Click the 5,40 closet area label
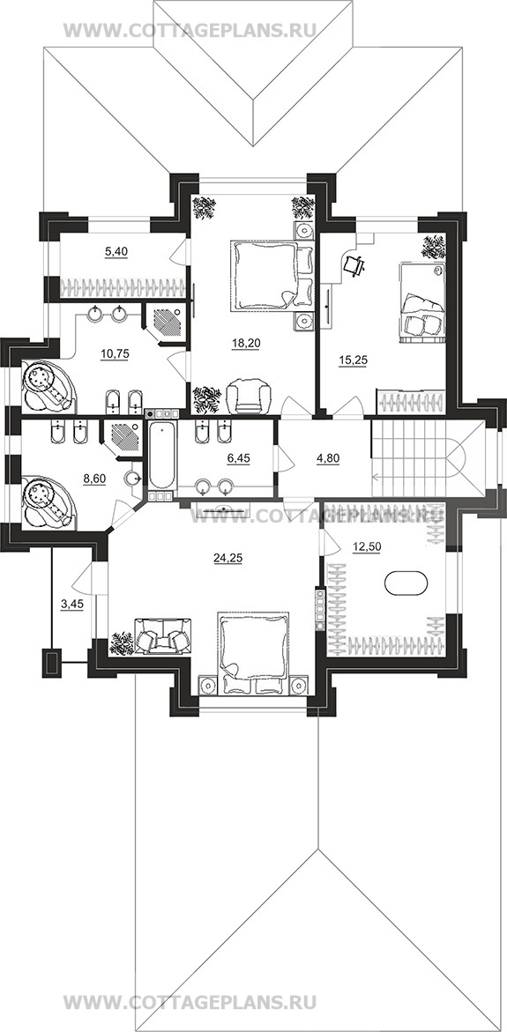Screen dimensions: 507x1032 tap(115, 251)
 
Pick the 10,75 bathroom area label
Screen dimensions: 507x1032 tap(115, 353)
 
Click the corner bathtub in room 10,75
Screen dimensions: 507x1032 tap(48, 386)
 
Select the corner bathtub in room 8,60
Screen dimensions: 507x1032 tap(48, 501)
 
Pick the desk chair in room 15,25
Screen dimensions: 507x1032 tap(354, 264)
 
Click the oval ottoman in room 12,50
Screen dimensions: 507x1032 tap(405, 583)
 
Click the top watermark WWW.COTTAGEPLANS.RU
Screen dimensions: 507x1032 tap(190, 30)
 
